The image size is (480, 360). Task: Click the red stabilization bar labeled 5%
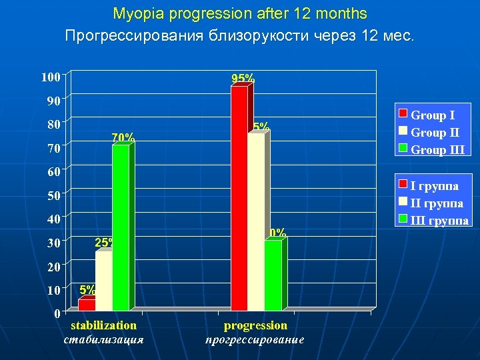(x=87, y=304)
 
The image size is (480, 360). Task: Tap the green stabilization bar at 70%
(x=121, y=227)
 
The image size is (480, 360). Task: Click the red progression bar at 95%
(x=239, y=198)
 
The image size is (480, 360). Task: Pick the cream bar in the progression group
(x=256, y=221)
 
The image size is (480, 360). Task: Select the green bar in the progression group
(x=273, y=275)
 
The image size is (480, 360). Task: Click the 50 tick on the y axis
(x=53, y=195)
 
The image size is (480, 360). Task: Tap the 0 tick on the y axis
(x=57, y=313)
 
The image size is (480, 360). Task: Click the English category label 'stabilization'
(x=103, y=325)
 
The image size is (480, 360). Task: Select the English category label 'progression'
(x=255, y=325)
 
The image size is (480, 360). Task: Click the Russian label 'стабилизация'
(x=103, y=339)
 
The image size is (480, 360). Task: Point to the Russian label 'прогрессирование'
(x=255, y=339)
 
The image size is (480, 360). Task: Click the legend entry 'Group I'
(x=433, y=115)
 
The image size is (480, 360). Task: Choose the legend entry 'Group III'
(x=437, y=150)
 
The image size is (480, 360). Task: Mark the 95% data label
(x=243, y=79)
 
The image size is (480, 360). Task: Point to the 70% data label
(x=123, y=138)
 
